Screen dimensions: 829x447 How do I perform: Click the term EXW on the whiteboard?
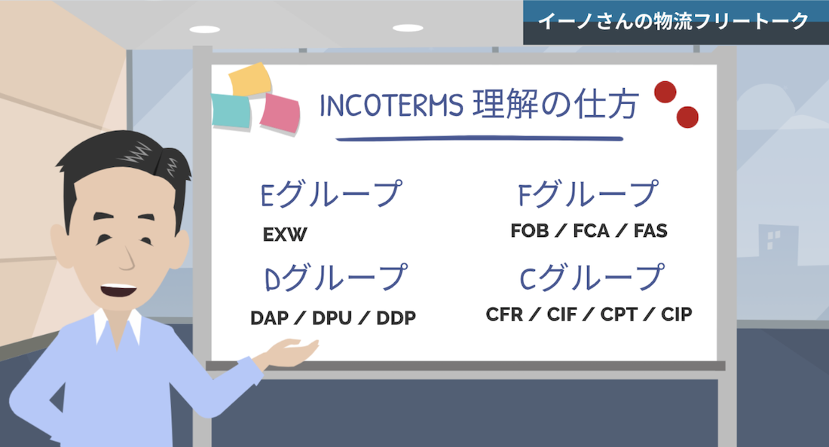284,234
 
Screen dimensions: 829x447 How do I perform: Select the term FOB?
529,230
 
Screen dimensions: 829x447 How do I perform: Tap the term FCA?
591,230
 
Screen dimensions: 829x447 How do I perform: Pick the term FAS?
650,230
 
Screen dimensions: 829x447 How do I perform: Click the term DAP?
270,318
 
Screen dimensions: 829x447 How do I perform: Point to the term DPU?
332,318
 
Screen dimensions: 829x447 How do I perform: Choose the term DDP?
396,318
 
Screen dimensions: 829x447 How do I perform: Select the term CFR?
504,314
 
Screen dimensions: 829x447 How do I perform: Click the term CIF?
561,314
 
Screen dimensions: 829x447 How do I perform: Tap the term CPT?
619,314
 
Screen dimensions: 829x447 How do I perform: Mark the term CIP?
676,314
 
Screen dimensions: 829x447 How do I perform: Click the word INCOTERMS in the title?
392,105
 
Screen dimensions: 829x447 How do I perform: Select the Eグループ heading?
332,193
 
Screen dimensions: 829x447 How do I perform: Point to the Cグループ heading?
592,278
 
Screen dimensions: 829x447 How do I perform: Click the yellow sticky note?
250,79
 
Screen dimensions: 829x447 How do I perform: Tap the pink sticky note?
280,113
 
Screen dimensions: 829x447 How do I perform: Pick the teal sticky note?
231,111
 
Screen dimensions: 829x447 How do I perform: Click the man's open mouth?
118,290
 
